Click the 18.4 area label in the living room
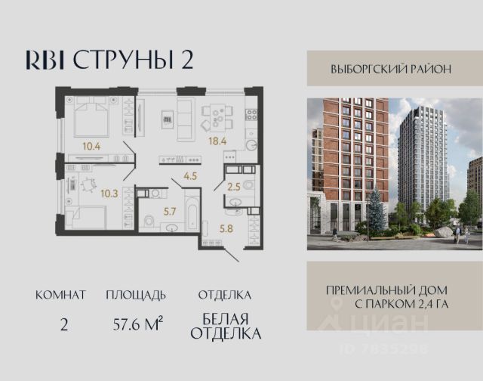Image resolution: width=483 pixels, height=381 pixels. pos(217,141)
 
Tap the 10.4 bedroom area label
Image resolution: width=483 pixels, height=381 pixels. pos(91,146)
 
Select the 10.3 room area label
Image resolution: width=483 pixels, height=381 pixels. pos(109,194)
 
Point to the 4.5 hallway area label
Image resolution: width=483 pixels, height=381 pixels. pos(190,176)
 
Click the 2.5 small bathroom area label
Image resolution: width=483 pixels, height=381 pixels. pos(234,187)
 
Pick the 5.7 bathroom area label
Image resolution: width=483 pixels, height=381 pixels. pos(170,212)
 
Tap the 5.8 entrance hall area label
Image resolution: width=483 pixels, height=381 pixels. pos(226,228)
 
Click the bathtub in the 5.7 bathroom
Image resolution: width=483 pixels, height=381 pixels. pos(192,210)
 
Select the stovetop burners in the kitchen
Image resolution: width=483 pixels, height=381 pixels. pos(251,115)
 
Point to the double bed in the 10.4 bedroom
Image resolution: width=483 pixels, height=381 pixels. pos(91,116)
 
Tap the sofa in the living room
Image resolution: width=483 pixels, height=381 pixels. pos(186,119)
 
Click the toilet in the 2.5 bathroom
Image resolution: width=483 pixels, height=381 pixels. pos(248,185)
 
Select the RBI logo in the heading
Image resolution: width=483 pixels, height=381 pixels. pos(45,60)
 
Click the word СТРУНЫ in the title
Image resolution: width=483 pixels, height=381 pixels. pos(123,60)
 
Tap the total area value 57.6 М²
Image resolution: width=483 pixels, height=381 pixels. pos(137,324)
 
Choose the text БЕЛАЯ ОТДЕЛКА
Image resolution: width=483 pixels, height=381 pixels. pos(226,326)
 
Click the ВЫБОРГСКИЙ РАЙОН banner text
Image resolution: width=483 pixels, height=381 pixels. pos(391,69)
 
